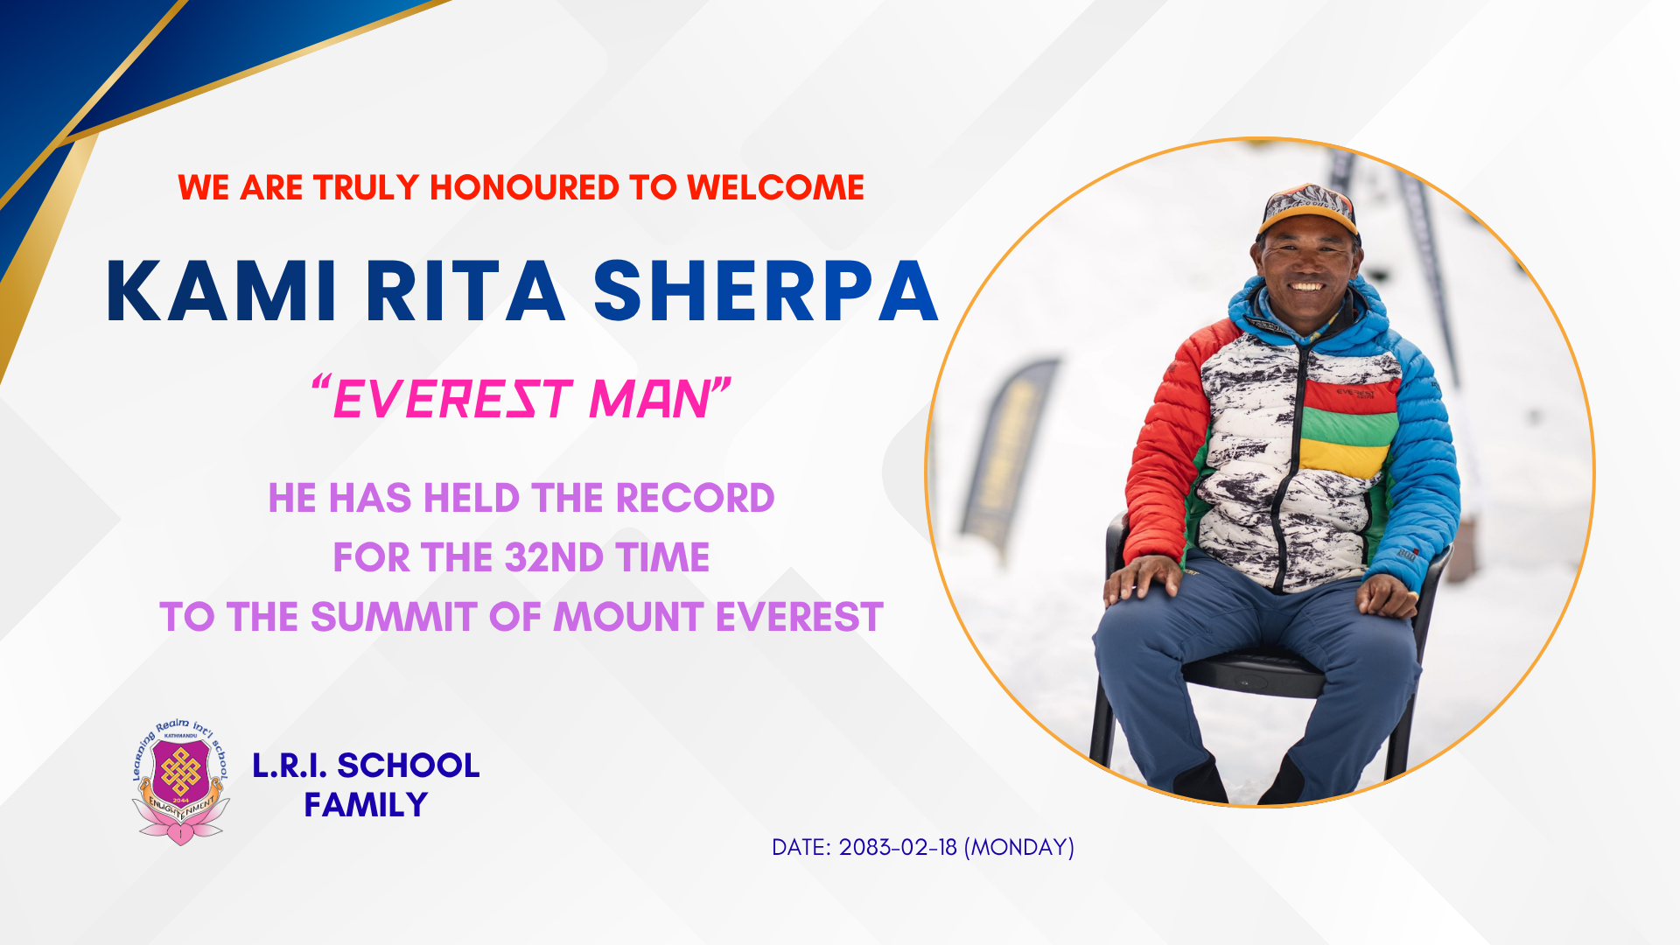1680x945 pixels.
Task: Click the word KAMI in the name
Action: pyautogui.click(x=221, y=291)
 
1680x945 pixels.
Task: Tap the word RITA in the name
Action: pyautogui.click(x=465, y=291)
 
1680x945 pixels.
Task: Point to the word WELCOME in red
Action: pyautogui.click(x=775, y=188)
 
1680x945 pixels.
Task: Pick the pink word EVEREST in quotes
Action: pyautogui.click(x=452, y=400)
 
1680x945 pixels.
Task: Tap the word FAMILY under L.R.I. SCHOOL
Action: pyautogui.click(x=366, y=805)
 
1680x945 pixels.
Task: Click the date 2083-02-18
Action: pyautogui.click(x=898, y=847)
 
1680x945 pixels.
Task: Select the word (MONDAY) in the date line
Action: pyautogui.click(x=1018, y=847)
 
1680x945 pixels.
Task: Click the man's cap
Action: pyautogui.click(x=1308, y=210)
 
